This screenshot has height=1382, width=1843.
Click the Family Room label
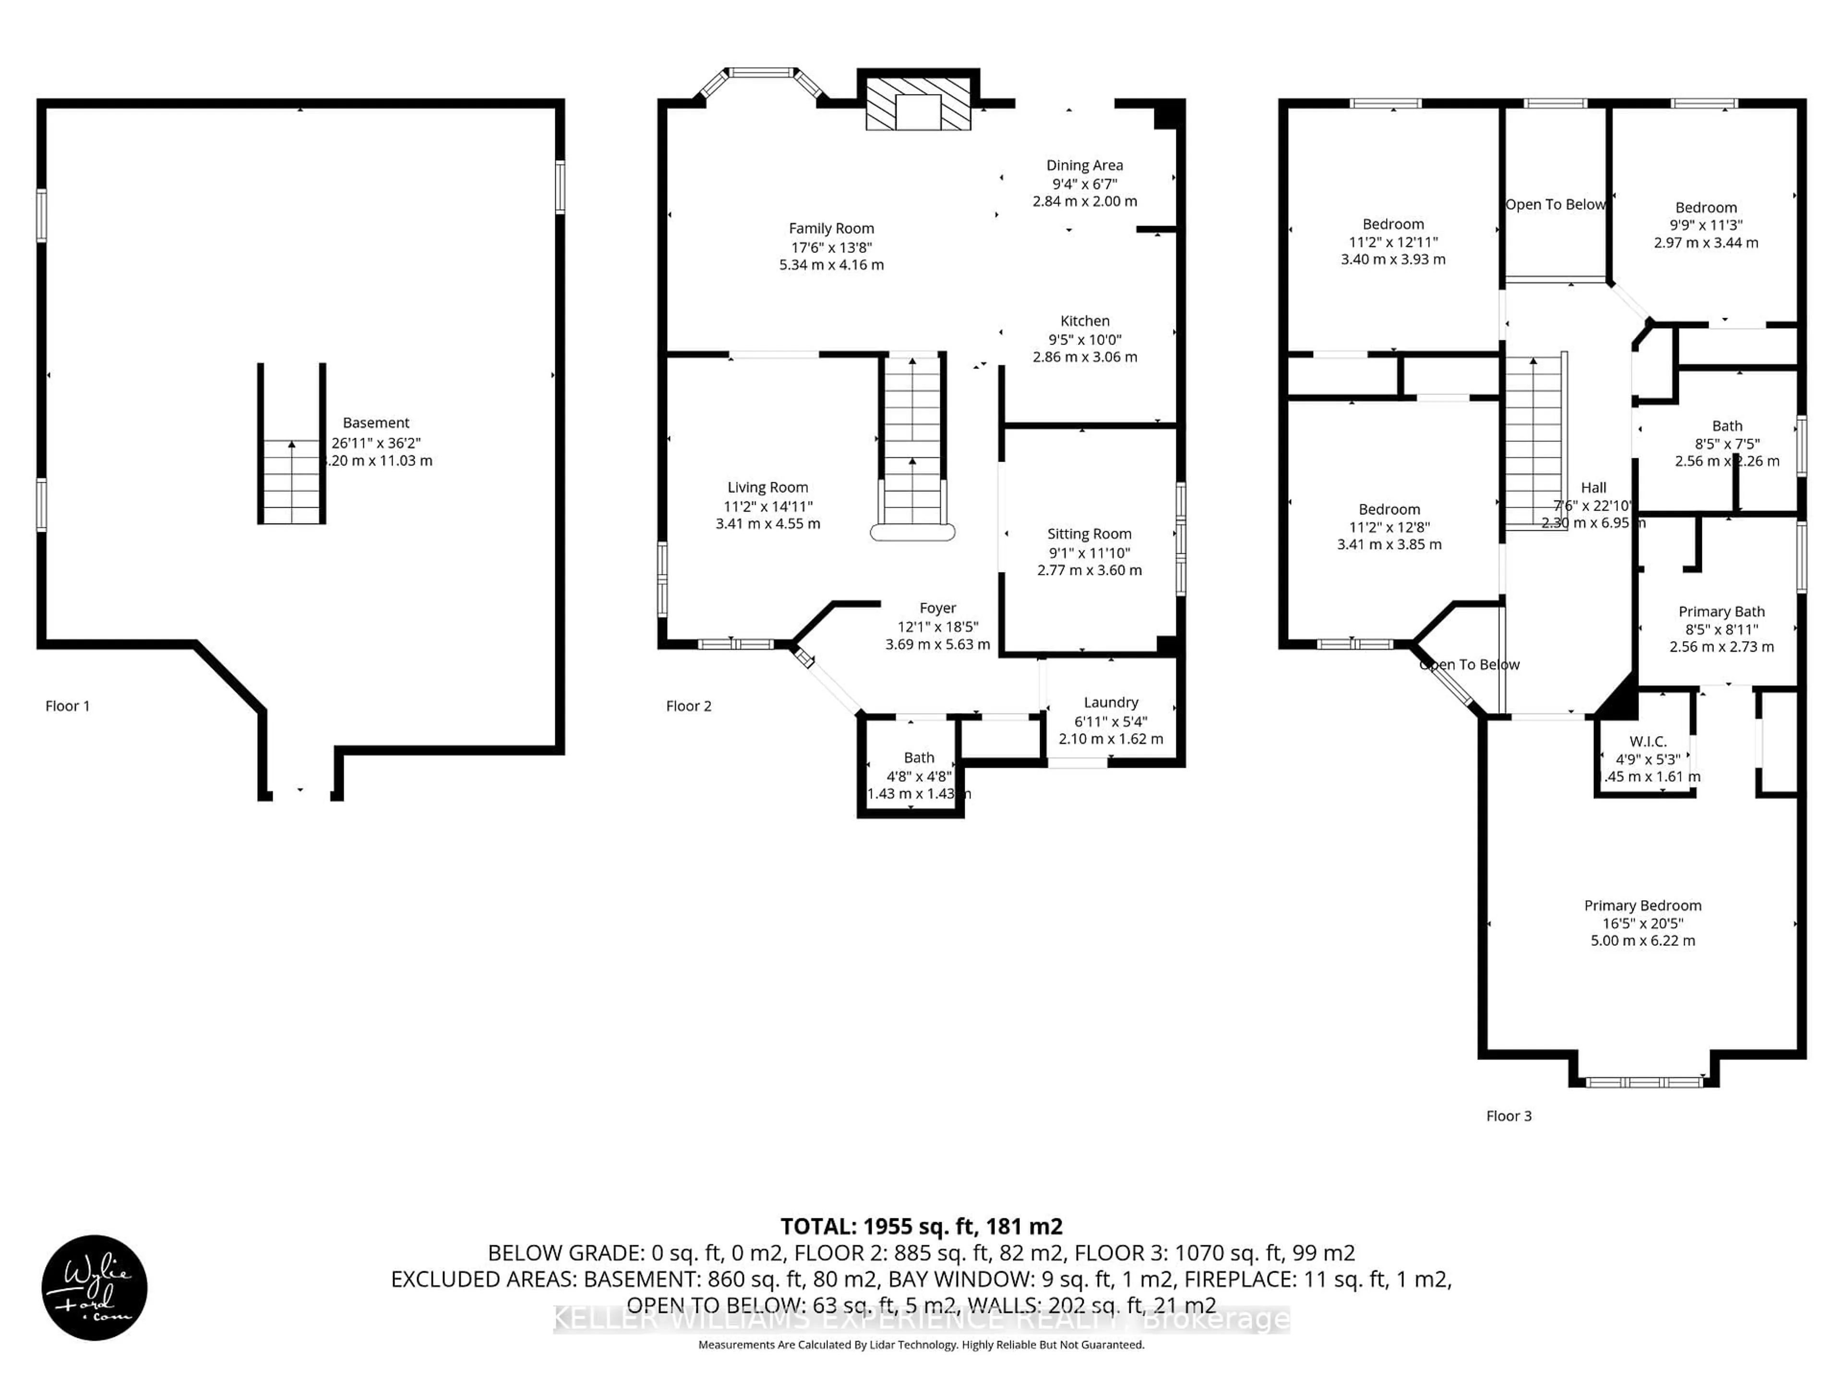pyautogui.click(x=831, y=228)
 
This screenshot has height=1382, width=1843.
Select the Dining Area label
pyautogui.click(x=1084, y=166)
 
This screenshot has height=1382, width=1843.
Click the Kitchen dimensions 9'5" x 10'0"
pyautogui.click(x=1084, y=339)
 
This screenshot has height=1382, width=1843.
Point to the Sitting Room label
pyautogui.click(x=1089, y=534)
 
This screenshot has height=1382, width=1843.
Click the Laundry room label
pyautogui.click(x=1111, y=702)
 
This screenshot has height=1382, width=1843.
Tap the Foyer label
pyautogui.click(x=937, y=608)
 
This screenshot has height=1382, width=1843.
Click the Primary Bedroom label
pyautogui.click(x=1642, y=905)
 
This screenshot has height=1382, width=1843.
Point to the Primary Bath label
pyautogui.click(x=1722, y=611)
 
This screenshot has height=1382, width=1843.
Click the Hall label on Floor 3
pyautogui.click(x=1593, y=488)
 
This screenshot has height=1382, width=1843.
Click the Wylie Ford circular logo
pyautogui.click(x=94, y=1287)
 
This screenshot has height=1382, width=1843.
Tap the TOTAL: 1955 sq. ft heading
pyautogui.click(x=921, y=1226)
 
